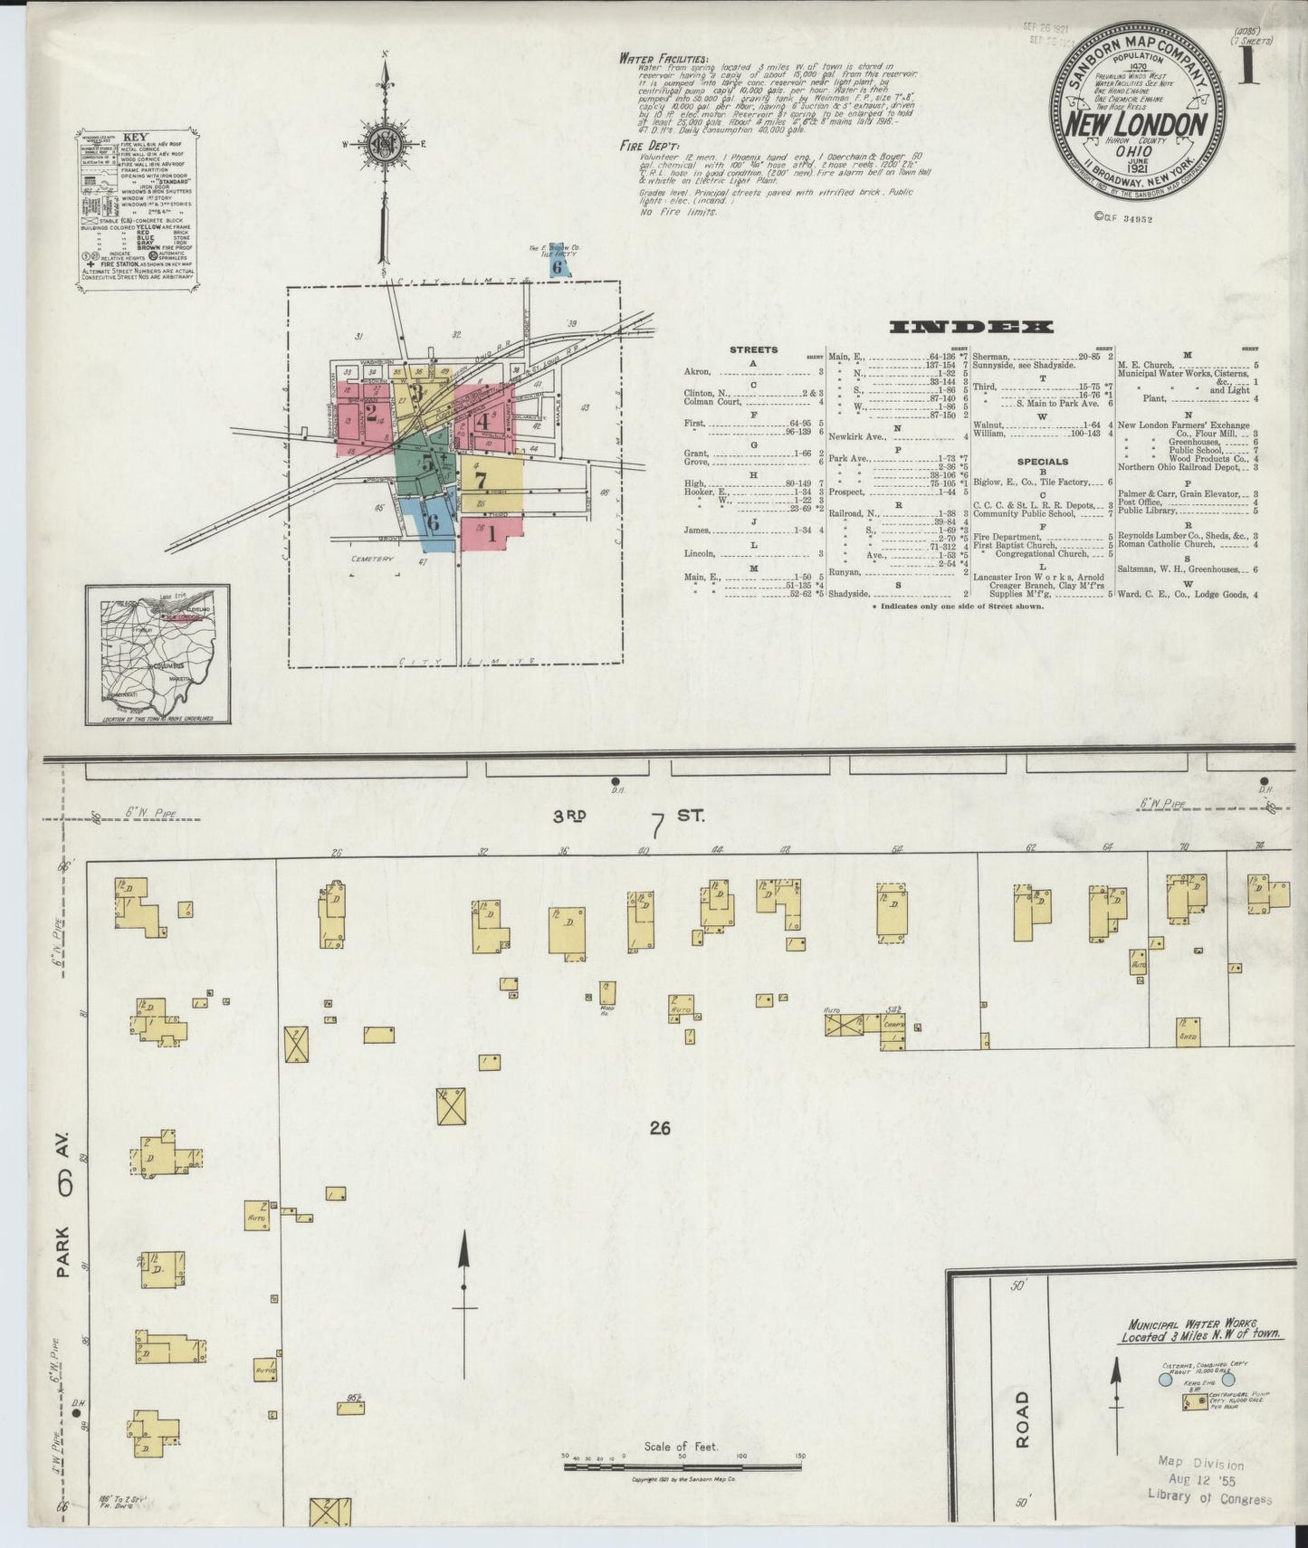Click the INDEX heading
click(x=970, y=327)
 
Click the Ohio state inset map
click(x=158, y=654)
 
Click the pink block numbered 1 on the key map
click(x=490, y=533)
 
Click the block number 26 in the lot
click(x=658, y=1128)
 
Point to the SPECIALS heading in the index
click(x=1043, y=462)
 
